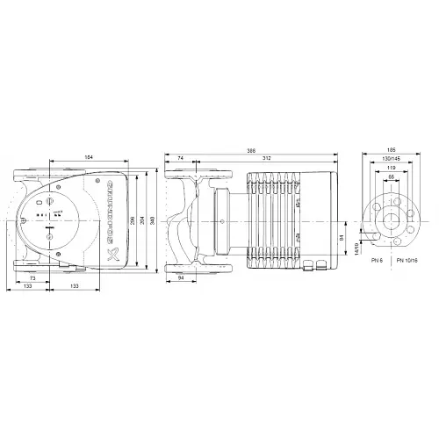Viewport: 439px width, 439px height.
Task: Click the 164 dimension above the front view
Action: [x=89, y=157]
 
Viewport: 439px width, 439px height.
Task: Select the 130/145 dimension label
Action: [x=391, y=158]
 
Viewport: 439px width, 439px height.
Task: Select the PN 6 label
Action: [x=378, y=262]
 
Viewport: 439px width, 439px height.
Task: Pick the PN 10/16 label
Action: [x=407, y=262]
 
